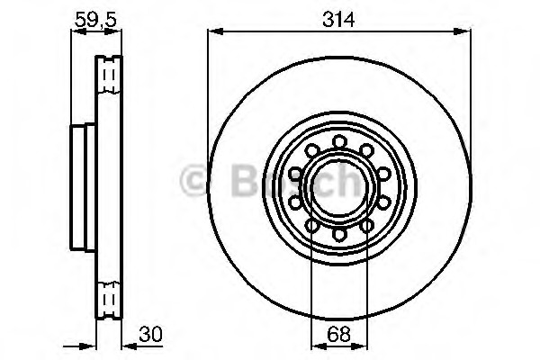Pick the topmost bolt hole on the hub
point(340,140)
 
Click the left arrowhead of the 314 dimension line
point(213,31)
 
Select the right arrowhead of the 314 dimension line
point(466,31)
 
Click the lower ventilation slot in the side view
point(109,294)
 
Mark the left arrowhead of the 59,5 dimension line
point(75,31)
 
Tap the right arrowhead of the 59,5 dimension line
point(117,31)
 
